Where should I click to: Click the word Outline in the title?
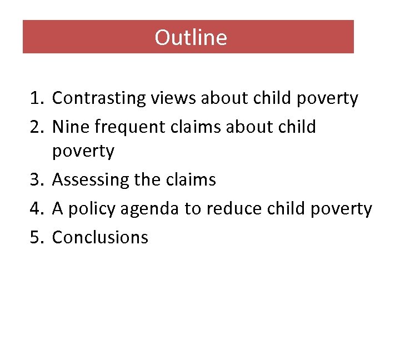point(191,37)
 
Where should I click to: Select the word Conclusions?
point(100,238)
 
